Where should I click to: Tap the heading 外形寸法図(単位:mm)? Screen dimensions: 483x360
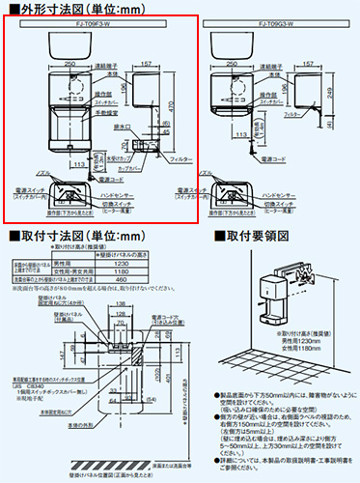(x=63, y=8)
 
